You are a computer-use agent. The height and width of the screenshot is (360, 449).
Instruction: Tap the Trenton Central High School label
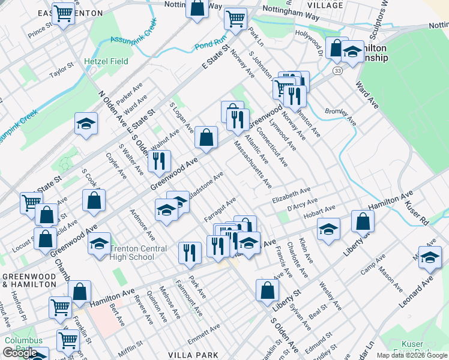click(x=131, y=253)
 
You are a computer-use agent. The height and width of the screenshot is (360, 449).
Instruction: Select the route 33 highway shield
click(x=338, y=71)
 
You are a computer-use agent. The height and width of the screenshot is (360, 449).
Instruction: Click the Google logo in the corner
click(x=20, y=353)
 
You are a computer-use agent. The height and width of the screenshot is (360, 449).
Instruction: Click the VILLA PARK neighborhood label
click(x=194, y=355)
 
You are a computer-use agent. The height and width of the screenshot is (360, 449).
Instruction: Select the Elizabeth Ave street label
click(x=291, y=198)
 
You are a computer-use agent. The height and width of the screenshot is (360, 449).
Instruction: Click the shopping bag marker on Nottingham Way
click(x=197, y=8)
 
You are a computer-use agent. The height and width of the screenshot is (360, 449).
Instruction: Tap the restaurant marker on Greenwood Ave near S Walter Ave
click(x=159, y=160)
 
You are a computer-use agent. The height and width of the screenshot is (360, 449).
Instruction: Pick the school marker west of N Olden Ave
click(x=86, y=124)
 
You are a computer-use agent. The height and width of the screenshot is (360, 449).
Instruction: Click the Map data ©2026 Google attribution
click(x=412, y=355)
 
